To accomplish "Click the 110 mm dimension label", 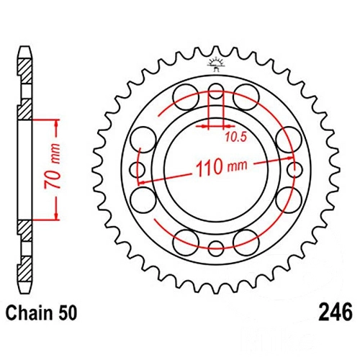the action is pos(222,166).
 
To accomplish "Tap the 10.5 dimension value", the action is pos(236,137).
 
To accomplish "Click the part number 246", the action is pos(336,312).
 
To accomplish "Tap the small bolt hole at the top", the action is pos(216,91).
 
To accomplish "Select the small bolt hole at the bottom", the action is pos(216,248).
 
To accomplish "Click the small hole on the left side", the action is pos(137,170).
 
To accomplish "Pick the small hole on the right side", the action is pos(294,170).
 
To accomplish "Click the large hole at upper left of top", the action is pos(186,97).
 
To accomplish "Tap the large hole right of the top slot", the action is pos(246,97).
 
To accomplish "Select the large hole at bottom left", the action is pos(186,243).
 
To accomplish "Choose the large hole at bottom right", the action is pos(246,243).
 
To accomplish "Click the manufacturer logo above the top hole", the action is pos(216,64).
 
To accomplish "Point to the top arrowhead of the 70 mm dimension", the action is pos(56,123).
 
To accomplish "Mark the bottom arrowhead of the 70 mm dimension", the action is pos(56,215).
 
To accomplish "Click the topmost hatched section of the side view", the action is pos(24,71).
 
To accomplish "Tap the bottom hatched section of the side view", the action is pos(24,269).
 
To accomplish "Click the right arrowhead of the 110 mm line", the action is pos(290,158).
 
